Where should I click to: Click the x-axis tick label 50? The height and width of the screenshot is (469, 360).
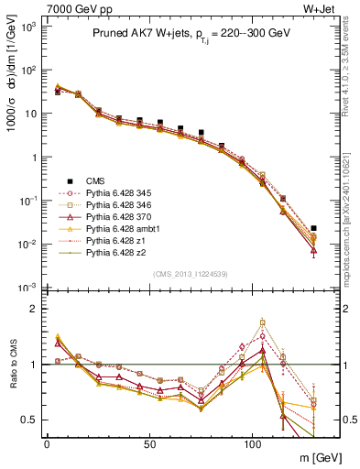coord(149,442)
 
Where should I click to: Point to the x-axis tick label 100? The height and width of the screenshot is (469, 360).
coord(252,442)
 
